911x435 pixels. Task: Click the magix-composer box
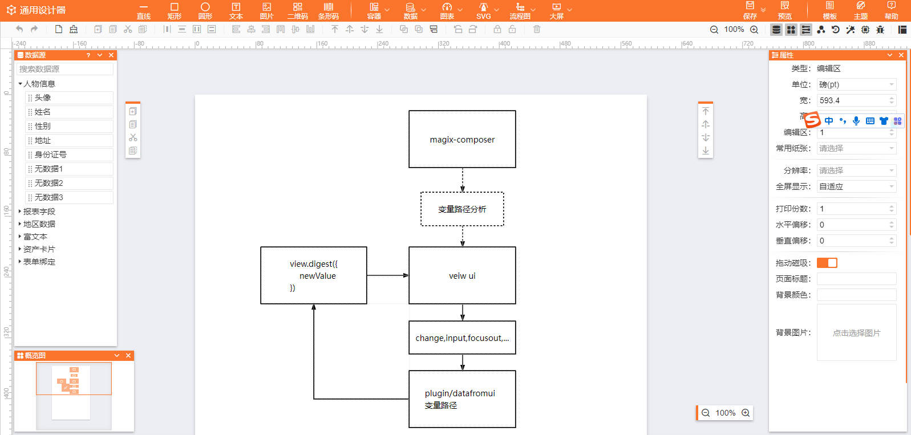(462, 139)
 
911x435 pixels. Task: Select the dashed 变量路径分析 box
(462, 209)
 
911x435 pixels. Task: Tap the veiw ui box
(462, 275)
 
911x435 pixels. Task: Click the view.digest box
(314, 275)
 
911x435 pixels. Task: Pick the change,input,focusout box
(462, 338)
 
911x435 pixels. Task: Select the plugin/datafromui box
(462, 399)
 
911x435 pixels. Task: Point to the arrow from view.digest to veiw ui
(387, 275)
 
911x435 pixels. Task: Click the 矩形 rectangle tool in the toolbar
(174, 11)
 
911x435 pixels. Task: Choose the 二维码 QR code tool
(297, 11)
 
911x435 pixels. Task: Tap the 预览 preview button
(784, 11)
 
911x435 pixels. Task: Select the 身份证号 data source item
(68, 155)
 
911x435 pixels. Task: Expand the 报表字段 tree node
(20, 212)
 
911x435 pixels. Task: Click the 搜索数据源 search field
(65, 69)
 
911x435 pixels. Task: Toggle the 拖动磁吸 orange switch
(827, 263)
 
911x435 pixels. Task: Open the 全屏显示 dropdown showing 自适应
(856, 186)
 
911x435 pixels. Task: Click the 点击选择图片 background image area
(856, 332)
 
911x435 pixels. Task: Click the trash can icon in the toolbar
(537, 29)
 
